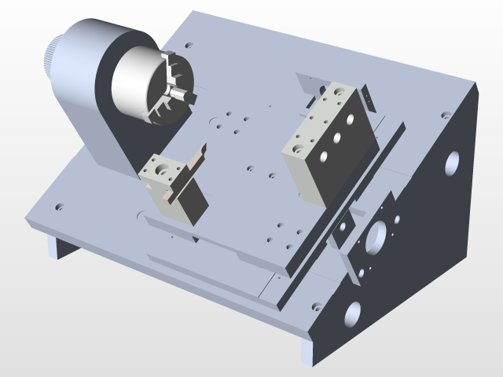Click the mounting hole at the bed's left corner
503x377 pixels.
tap(60, 209)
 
